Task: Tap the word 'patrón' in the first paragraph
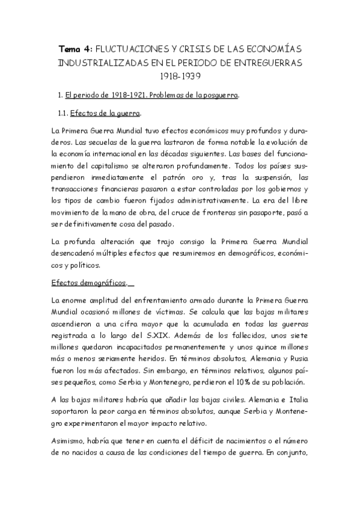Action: (x=210, y=177)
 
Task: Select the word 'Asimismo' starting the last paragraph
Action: (x=69, y=443)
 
